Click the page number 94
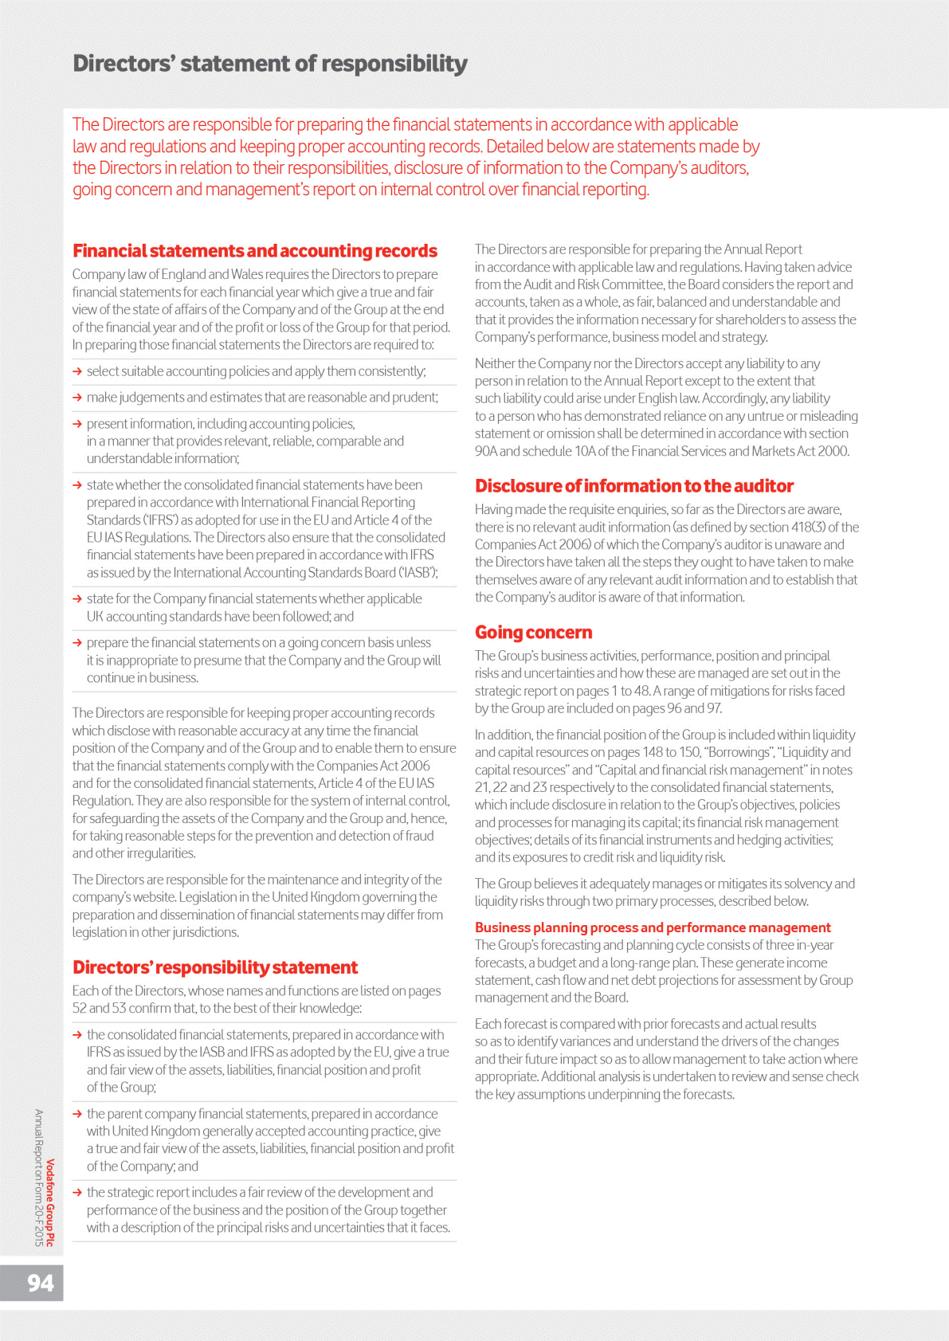click(x=41, y=1283)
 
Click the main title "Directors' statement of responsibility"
click(x=269, y=64)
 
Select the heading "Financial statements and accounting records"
click(x=254, y=251)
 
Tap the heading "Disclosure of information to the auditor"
click(x=633, y=486)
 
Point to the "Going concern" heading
click(x=533, y=633)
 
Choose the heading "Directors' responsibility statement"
click(x=215, y=967)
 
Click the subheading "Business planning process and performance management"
click(x=652, y=927)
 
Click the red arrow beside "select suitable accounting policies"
click(x=77, y=371)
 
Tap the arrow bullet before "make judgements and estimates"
click(x=77, y=398)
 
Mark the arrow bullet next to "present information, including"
click(x=77, y=424)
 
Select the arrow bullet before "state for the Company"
click(x=77, y=599)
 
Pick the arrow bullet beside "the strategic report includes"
click(x=77, y=1193)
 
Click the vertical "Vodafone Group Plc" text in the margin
click(x=50, y=1202)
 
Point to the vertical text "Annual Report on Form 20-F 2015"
click(x=38, y=1177)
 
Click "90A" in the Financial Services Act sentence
click(x=485, y=452)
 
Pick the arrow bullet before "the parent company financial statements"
click(x=77, y=1114)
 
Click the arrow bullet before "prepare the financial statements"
click(x=77, y=643)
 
